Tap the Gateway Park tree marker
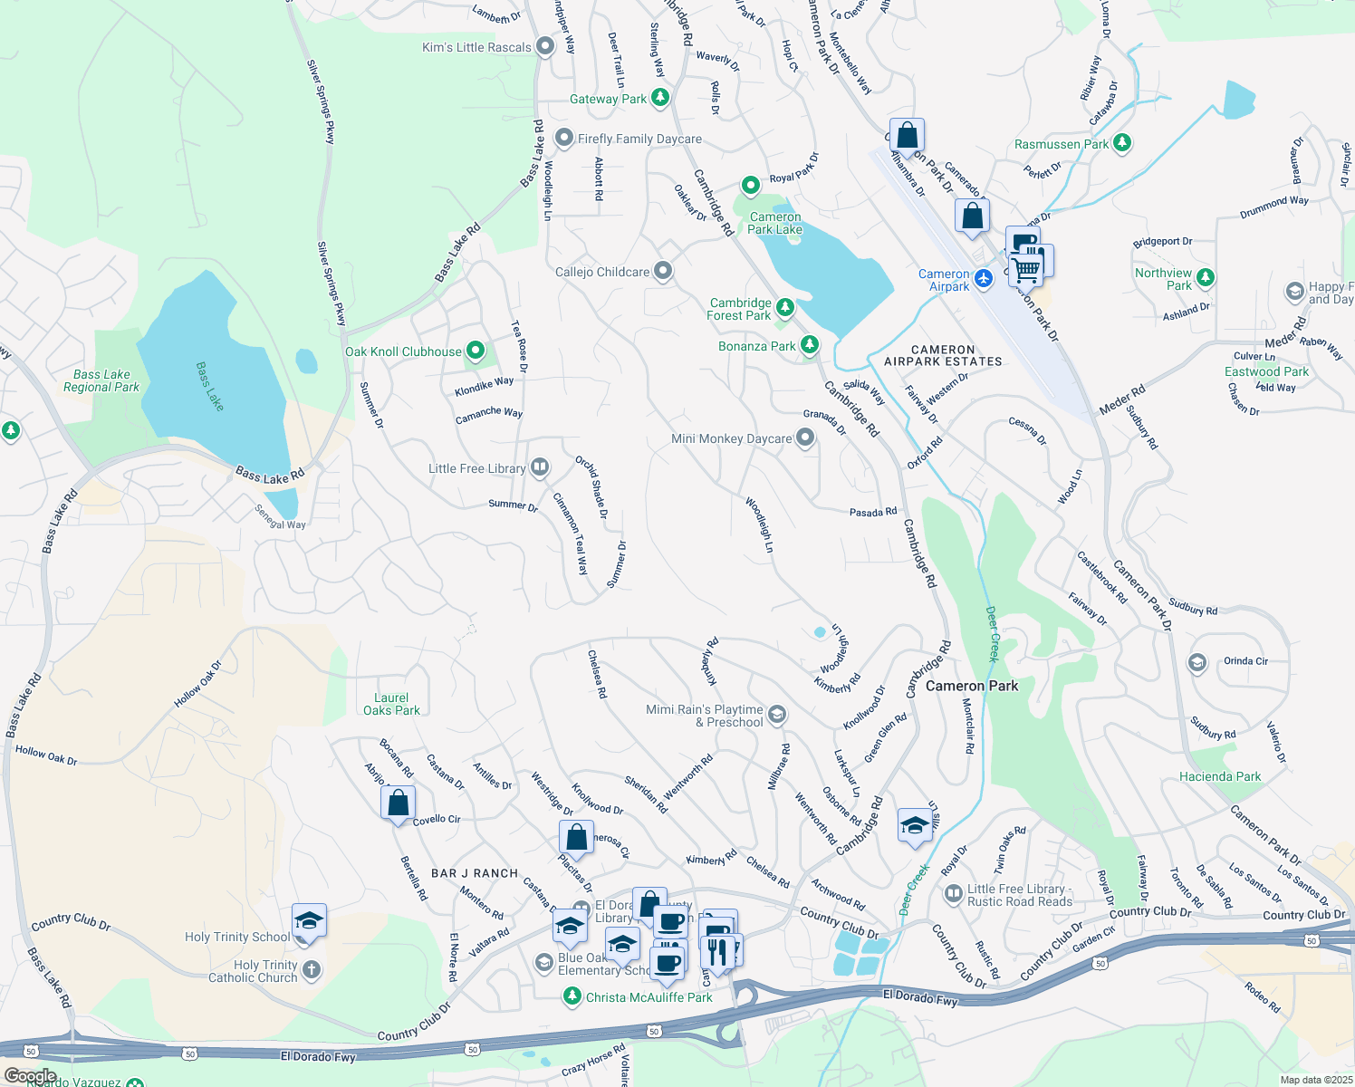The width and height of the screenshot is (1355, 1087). pyautogui.click(x=660, y=98)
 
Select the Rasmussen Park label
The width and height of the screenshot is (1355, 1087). pyautogui.click(x=1061, y=144)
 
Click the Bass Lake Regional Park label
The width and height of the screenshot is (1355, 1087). pyautogui.click(x=101, y=380)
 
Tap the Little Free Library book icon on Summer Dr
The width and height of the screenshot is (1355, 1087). pyautogui.click(x=540, y=467)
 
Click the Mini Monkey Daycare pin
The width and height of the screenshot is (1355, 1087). pyautogui.click(x=804, y=438)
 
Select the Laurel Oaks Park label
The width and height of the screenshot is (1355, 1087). pyautogui.click(x=391, y=704)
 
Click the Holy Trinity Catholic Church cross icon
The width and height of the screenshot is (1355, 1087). pyautogui.click(x=311, y=970)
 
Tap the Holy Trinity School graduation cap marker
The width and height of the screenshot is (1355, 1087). pyautogui.click(x=309, y=920)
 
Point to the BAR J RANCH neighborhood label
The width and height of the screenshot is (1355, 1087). pyautogui.click(x=475, y=873)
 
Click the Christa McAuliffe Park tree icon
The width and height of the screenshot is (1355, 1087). pyautogui.click(x=572, y=996)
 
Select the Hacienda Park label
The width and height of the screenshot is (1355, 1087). pyautogui.click(x=1220, y=776)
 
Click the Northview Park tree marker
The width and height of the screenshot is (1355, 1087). pyautogui.click(x=1205, y=277)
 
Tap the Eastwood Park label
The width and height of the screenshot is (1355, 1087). pyautogui.click(x=1266, y=371)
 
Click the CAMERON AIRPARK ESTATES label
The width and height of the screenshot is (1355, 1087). pyautogui.click(x=943, y=355)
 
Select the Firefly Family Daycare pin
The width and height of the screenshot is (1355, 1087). pyautogui.click(x=564, y=139)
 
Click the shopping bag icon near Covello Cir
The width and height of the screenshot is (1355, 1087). pyautogui.click(x=398, y=803)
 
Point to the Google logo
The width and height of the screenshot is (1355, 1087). pyautogui.click(x=30, y=1076)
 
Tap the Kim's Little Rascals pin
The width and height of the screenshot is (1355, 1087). pyautogui.click(x=545, y=46)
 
